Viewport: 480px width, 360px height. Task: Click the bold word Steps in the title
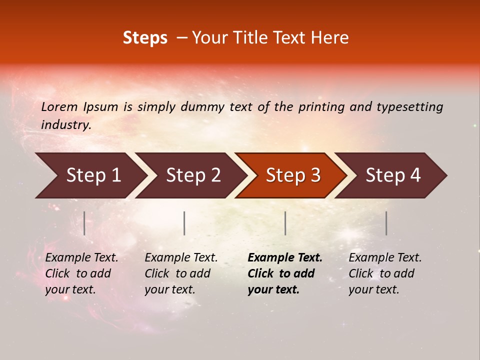[145, 38]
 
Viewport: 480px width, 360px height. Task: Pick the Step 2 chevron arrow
[190, 175]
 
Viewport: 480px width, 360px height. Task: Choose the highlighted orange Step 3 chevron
[290, 175]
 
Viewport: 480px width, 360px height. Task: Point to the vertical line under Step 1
[84, 223]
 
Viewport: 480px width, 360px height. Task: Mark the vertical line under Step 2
[184, 223]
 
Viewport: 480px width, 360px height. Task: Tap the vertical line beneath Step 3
[285, 223]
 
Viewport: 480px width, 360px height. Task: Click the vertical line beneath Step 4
[386, 223]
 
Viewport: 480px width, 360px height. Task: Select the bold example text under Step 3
[284, 273]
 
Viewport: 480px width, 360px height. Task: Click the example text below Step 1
[81, 273]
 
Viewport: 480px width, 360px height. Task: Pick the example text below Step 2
[181, 273]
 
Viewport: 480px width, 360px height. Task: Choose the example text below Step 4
[385, 273]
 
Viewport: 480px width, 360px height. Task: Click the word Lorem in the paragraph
[59, 107]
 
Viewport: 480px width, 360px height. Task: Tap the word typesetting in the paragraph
[409, 107]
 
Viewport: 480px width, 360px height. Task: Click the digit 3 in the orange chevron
[314, 175]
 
